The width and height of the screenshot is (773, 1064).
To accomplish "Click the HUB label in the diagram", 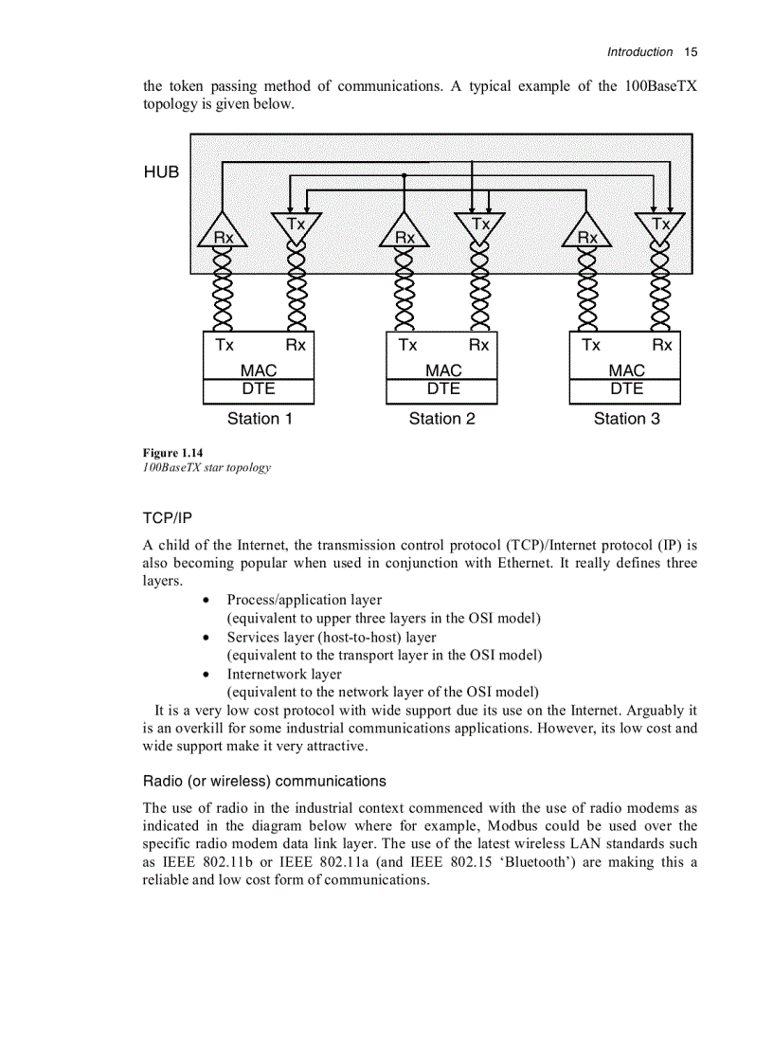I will (161, 172).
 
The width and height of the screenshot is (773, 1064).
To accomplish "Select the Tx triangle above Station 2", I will (481, 226).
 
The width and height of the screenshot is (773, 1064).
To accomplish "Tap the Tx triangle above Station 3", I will (661, 226).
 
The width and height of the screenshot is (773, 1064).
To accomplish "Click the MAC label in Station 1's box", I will (259, 370).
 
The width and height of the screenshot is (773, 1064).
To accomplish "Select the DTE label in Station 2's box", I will (442, 389).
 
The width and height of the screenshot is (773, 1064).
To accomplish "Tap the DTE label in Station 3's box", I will (625, 389).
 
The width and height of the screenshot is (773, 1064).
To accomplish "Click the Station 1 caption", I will (260, 419).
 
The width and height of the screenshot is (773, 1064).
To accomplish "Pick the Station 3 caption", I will (626, 419).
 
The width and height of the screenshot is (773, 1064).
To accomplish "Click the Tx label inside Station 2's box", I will (407, 345).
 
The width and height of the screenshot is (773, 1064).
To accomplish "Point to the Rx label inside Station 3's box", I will (662, 345).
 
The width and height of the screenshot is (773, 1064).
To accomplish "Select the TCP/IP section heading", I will (167, 518).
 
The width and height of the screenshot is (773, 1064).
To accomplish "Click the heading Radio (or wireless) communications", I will (264, 782).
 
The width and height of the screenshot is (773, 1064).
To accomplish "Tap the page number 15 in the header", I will (690, 52).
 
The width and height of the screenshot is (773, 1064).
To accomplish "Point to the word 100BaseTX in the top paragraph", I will (660, 86).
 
